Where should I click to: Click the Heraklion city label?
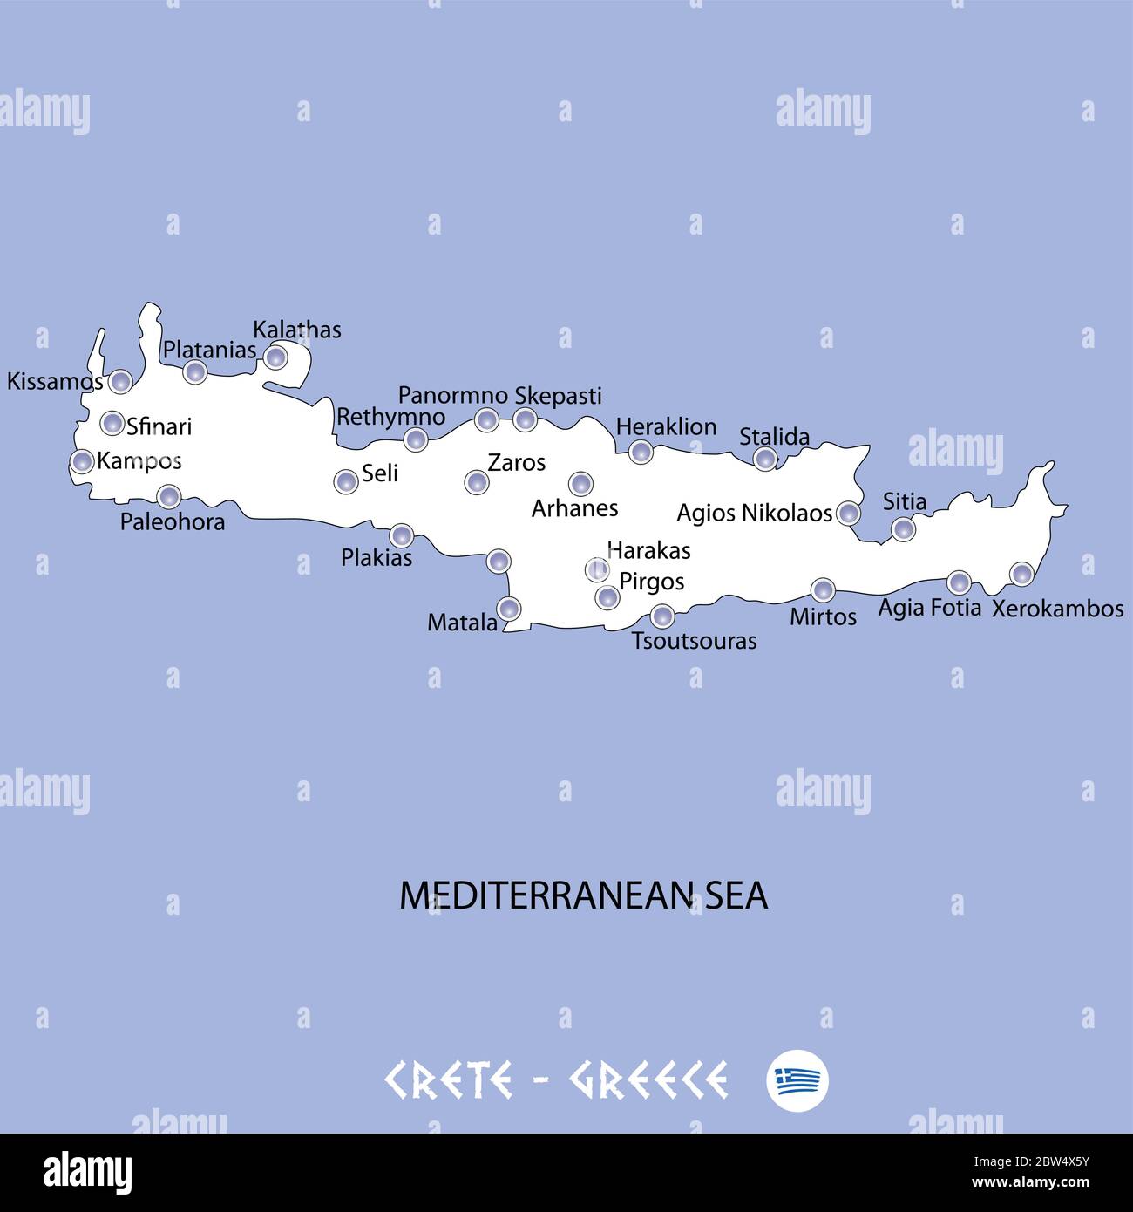pyautogui.click(x=666, y=426)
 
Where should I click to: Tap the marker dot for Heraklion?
pyautogui.click(x=641, y=452)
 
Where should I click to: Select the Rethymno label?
pyautogui.click(x=390, y=417)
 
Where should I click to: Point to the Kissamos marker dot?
pyautogui.click(x=120, y=381)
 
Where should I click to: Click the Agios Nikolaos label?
pyautogui.click(x=754, y=513)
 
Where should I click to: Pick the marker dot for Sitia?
pyautogui.click(x=903, y=528)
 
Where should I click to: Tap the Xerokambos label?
pyautogui.click(x=1057, y=609)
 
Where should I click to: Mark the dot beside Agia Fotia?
pyautogui.click(x=959, y=582)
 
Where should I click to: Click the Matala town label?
pyautogui.click(x=462, y=623)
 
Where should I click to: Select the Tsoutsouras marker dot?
pyautogui.click(x=662, y=616)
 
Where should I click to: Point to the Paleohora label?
pyautogui.click(x=173, y=521)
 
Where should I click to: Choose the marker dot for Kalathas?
pyautogui.click(x=275, y=357)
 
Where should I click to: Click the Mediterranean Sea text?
pyautogui.click(x=583, y=896)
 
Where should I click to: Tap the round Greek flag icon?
pyautogui.click(x=797, y=1080)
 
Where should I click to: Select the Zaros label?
pyautogui.click(x=516, y=462)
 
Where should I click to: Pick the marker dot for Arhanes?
pyautogui.click(x=580, y=483)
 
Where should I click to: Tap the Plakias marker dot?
pyautogui.click(x=401, y=535)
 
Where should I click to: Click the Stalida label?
pyautogui.click(x=774, y=436)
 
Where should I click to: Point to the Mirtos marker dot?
pyautogui.click(x=823, y=590)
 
